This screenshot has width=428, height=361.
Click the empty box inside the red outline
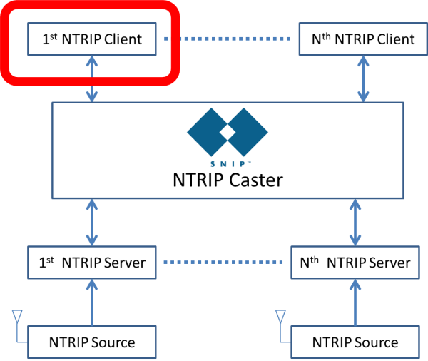(91, 39)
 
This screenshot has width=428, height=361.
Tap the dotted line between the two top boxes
(227, 39)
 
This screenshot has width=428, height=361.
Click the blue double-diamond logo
(227, 133)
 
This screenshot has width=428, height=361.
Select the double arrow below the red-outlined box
(92, 78)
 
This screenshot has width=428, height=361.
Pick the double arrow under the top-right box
(363, 78)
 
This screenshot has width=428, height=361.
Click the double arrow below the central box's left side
(92, 223)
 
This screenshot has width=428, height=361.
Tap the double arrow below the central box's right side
(355, 223)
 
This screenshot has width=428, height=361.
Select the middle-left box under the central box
(91, 262)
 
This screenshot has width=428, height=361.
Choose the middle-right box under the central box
(355, 262)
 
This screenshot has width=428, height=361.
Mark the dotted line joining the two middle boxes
(223, 262)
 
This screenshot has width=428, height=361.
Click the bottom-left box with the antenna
(91, 342)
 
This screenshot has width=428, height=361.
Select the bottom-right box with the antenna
(355, 342)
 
